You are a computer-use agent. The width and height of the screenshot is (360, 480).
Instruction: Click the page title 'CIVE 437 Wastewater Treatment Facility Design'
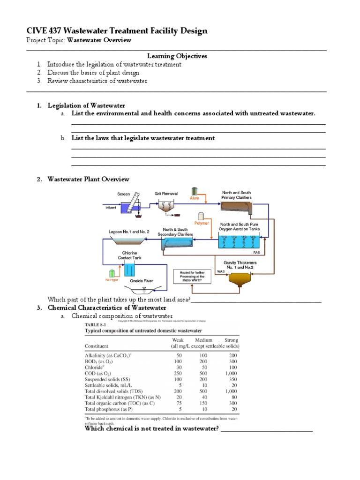tap(117, 31)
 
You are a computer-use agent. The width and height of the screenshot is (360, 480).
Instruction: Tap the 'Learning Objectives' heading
tap(177, 56)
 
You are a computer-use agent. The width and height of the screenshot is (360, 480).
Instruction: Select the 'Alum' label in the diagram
tap(195, 198)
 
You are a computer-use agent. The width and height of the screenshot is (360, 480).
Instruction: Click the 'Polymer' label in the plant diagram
tap(202, 223)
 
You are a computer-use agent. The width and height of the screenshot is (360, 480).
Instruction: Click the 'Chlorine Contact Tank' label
tap(130, 255)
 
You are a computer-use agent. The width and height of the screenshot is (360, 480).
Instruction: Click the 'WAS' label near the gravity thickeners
tap(221, 271)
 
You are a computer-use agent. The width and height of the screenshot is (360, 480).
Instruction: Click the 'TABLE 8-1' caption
tap(95, 324)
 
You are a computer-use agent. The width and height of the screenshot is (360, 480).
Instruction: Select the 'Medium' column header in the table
tap(202, 340)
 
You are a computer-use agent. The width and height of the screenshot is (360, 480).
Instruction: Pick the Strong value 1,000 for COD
tap(231, 373)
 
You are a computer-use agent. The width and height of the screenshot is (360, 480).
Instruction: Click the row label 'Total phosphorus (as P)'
tap(111, 409)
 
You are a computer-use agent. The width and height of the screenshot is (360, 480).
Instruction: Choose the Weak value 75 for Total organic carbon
tap(177, 403)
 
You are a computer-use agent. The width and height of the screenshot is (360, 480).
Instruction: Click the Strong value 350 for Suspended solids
tap(232, 379)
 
